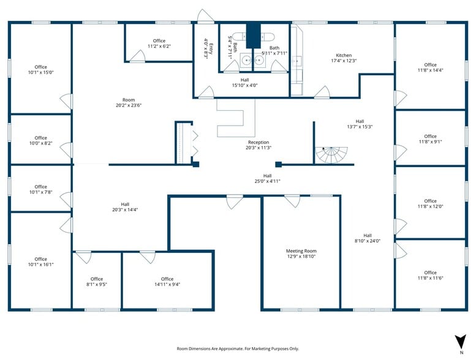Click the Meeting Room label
tap(301, 254)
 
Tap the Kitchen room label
tap(343, 58)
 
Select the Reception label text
tap(258, 144)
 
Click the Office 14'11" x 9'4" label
tap(167, 282)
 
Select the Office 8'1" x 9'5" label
tap(97, 282)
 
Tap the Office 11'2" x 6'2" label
tap(159, 43)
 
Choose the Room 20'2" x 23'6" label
tap(128, 102)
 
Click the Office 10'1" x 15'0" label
tap(40, 70)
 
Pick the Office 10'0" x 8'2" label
tap(40, 141)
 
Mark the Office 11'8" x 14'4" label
tap(430, 67)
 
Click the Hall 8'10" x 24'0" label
tap(367, 238)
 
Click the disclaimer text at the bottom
tap(238, 348)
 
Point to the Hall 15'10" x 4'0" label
tap(244, 83)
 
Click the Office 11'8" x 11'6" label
tap(430, 276)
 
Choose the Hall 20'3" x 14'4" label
tap(125, 207)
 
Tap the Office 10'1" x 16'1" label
tap(40, 262)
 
